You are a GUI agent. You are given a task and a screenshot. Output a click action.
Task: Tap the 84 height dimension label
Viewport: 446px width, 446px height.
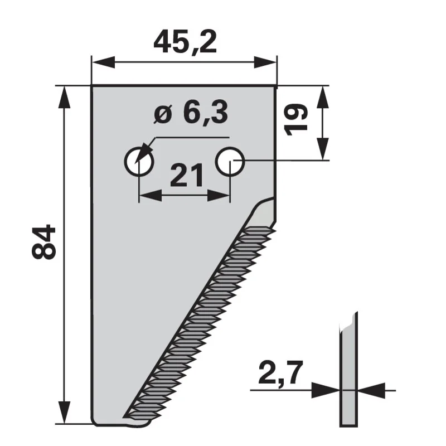(43, 242)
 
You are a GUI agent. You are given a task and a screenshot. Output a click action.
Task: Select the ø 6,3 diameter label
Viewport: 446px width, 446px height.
(191, 113)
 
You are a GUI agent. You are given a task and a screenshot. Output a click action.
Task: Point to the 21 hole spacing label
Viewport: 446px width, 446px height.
(187, 175)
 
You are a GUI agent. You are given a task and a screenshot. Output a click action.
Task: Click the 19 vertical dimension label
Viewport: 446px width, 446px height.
(297, 120)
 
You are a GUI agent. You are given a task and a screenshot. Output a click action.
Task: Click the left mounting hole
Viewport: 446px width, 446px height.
(139, 162)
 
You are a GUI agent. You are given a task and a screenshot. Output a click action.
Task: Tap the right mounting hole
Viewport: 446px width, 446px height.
(230, 162)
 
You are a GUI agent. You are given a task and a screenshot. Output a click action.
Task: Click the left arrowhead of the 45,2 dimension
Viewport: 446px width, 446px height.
(103, 62)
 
